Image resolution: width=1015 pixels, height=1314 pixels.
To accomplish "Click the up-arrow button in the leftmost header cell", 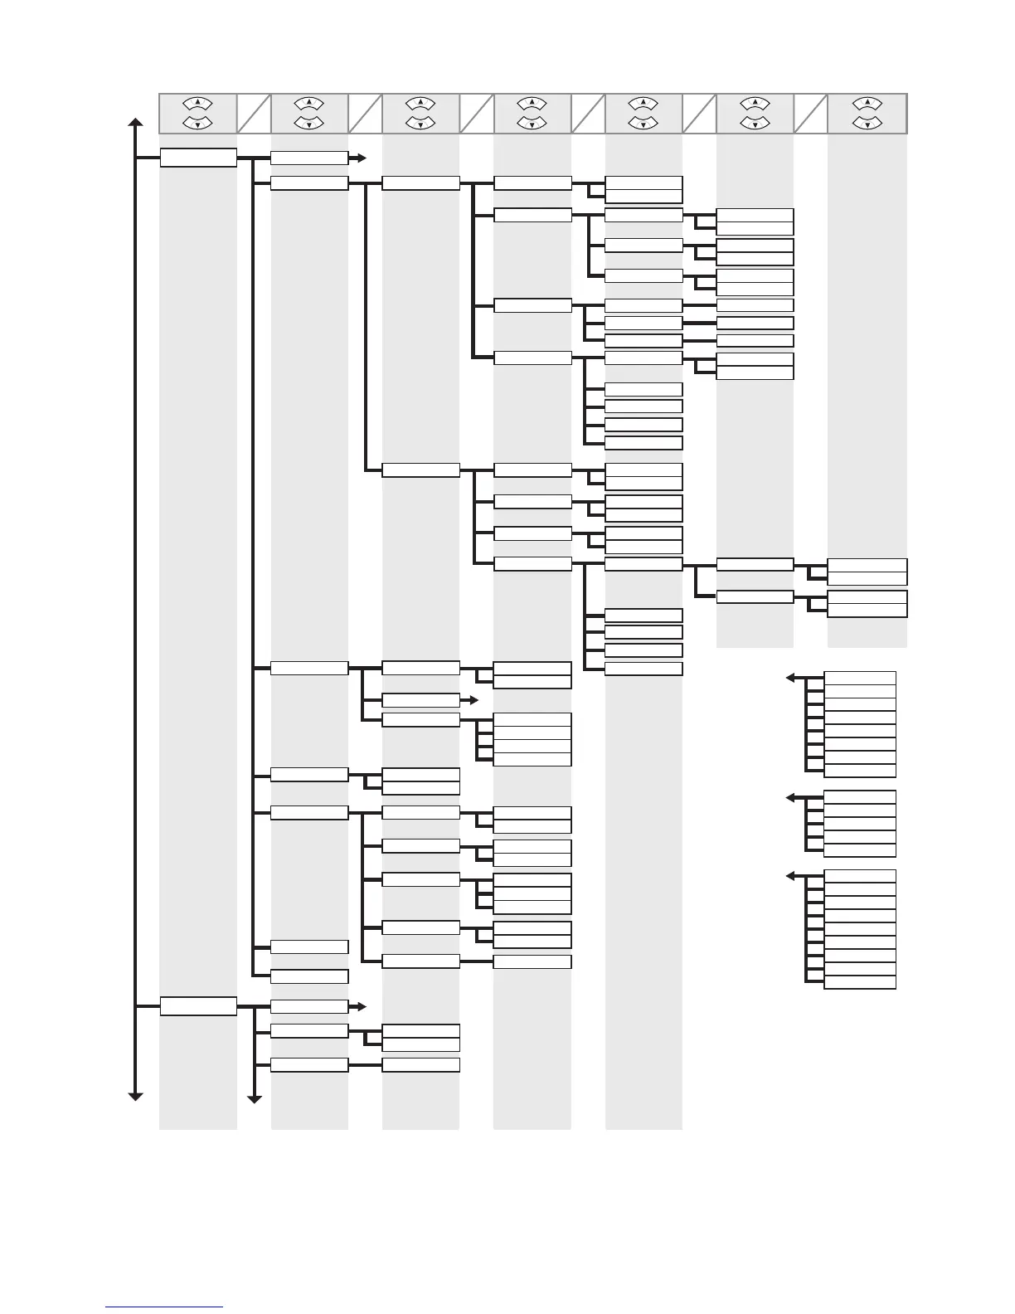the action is [x=198, y=104].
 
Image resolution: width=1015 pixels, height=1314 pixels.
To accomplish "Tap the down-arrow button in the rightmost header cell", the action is [x=867, y=124].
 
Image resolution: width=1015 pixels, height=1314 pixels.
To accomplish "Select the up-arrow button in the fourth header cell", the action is [x=532, y=104].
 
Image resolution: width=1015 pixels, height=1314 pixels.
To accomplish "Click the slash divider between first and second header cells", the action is [x=254, y=114].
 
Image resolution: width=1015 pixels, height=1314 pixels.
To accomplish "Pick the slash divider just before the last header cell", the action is [x=810, y=114].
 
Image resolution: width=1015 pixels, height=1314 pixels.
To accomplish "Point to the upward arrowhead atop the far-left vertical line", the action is [x=135, y=124].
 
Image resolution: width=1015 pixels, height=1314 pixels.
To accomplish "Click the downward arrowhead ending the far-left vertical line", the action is [x=135, y=1096].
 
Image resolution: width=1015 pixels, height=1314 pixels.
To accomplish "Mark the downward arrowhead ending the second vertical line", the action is [x=255, y=1100].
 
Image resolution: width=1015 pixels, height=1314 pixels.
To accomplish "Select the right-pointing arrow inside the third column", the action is [x=473, y=700].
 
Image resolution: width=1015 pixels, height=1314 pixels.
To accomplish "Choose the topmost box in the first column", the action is [x=198, y=158].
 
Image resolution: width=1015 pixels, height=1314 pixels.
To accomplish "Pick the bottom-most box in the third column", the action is [x=420, y=1065].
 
